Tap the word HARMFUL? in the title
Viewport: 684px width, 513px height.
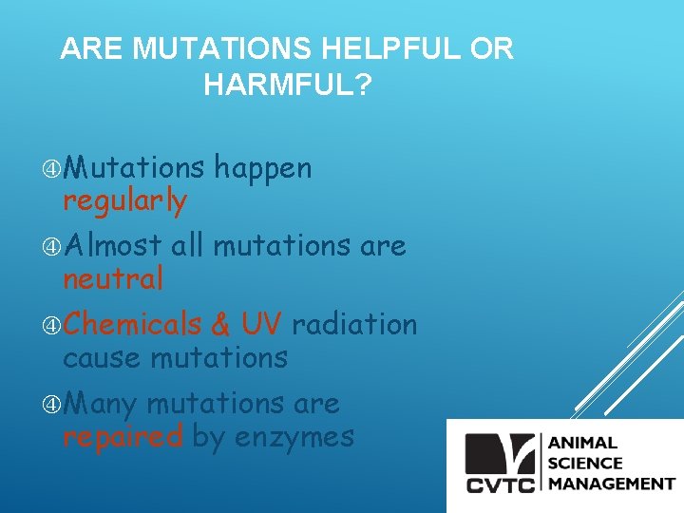[x=288, y=85]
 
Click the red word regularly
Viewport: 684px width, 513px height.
[x=124, y=201]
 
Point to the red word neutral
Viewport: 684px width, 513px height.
[x=113, y=279]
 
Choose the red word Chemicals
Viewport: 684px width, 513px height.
[x=133, y=325]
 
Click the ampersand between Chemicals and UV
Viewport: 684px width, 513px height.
[x=220, y=325]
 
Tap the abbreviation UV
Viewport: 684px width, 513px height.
[x=261, y=325]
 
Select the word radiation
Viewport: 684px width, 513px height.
[x=354, y=325]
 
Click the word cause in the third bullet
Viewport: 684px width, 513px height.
[x=95, y=357]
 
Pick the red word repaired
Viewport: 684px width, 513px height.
[x=123, y=437]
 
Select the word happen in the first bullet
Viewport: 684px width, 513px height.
[x=262, y=168]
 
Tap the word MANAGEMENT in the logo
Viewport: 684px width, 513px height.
[x=611, y=484]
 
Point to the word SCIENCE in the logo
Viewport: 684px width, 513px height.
[x=584, y=464]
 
